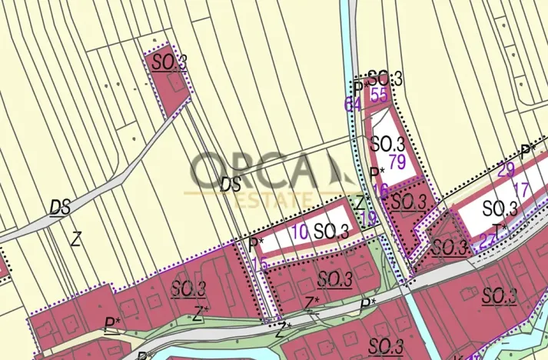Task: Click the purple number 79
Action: coord(397,162)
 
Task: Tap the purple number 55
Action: coord(378,95)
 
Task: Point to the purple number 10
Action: coord(301,230)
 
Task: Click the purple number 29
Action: coord(506,170)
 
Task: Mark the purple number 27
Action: coord(487,239)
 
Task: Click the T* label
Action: coord(501,229)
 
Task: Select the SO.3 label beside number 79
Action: coord(387,143)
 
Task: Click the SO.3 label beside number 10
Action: coord(331,231)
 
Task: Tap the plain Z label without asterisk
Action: coord(75,238)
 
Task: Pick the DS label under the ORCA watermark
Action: coord(230,185)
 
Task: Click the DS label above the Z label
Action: coord(60,207)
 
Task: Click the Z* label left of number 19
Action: coord(363,202)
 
